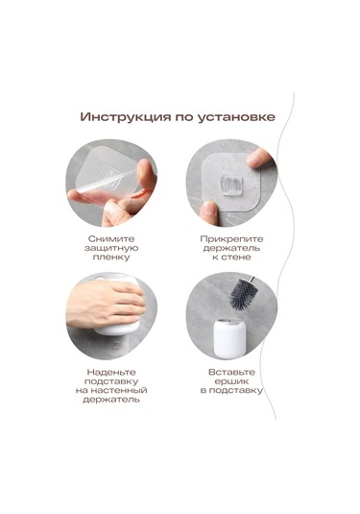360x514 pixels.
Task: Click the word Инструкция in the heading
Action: [126, 117]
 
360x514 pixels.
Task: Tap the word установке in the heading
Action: [237, 117]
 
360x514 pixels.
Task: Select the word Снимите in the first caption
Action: [111, 238]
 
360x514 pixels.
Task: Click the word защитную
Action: [111, 248]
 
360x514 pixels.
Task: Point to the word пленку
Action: [111, 257]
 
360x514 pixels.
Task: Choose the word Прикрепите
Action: [231, 239]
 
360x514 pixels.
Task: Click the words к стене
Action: [231, 257]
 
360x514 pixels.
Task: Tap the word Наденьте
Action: [111, 372]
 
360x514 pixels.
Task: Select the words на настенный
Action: [111, 390]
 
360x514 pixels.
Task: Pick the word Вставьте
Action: [231, 372]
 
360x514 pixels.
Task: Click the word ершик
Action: [231, 381]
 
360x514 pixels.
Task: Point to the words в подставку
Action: [231, 390]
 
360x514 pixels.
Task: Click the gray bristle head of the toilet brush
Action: [243, 294]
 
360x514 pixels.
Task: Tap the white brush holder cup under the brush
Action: [229, 336]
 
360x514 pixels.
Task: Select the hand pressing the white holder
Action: [106, 305]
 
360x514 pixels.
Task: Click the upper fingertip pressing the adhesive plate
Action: [258, 159]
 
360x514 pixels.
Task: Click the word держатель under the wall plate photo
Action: [231, 248]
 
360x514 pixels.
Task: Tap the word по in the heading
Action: [184, 118]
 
